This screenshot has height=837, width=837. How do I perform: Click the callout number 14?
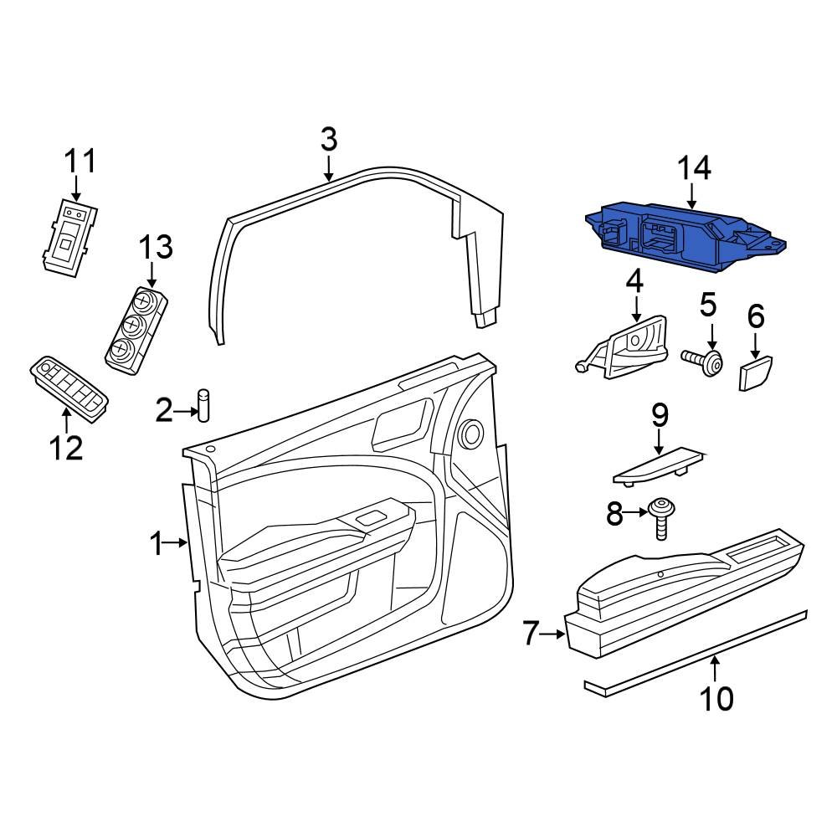coord(694,168)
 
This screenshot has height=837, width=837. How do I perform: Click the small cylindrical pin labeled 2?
coord(203,403)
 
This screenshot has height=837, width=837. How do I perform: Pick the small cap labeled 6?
coord(755,372)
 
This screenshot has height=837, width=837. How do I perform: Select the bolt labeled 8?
coord(660,519)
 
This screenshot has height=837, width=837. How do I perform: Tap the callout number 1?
coord(155,545)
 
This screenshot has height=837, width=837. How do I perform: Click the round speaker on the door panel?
coord(471,433)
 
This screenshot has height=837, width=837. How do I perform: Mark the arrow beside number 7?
coord(555,634)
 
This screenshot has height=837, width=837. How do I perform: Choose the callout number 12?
coord(66,448)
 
